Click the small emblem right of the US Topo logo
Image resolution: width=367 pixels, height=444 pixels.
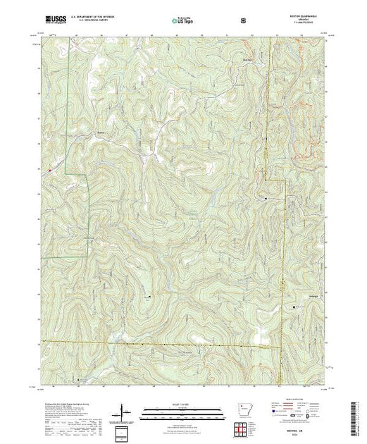tap(244, 21)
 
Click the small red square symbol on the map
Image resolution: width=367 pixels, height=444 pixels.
tap(49, 169)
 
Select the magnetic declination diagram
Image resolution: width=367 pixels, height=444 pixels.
tap(124, 409)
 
